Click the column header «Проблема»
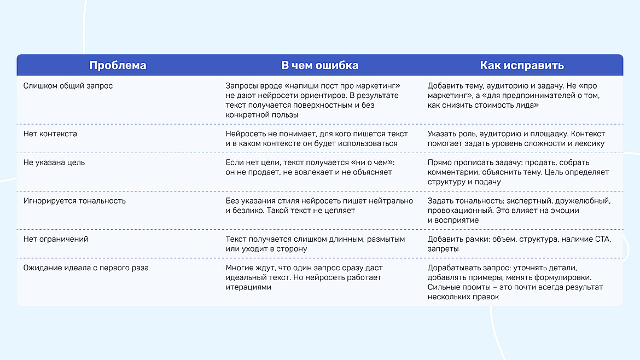[118, 66]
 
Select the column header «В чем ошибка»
[319, 66]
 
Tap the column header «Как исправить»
[521, 66]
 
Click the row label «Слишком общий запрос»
[68, 86]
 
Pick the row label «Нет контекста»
[50, 134]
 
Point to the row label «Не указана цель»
[54, 162]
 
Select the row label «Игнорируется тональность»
[74, 201]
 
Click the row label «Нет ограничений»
[56, 239]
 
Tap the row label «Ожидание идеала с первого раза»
[86, 268]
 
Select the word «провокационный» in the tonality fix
[457, 211]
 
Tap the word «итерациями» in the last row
[248, 287]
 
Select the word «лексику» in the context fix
[590, 143]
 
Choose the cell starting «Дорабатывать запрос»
[515, 282]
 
